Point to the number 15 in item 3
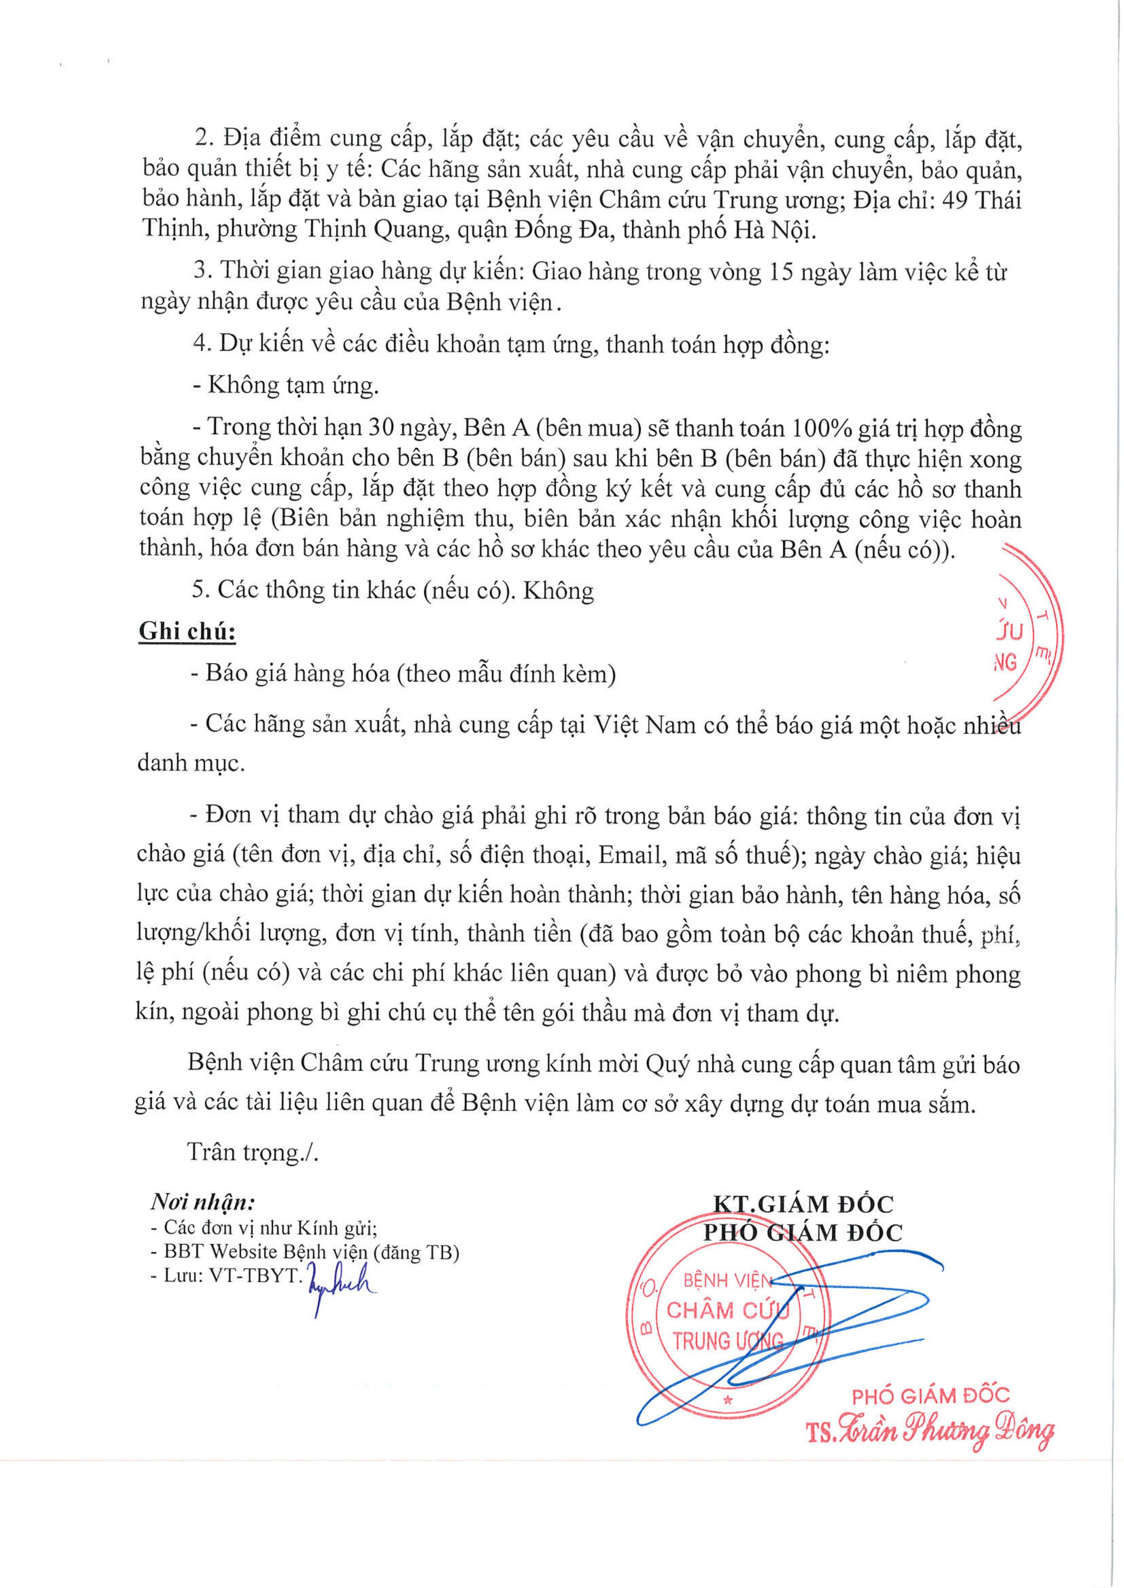(x=784, y=272)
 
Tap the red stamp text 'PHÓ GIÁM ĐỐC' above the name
(x=930, y=1395)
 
